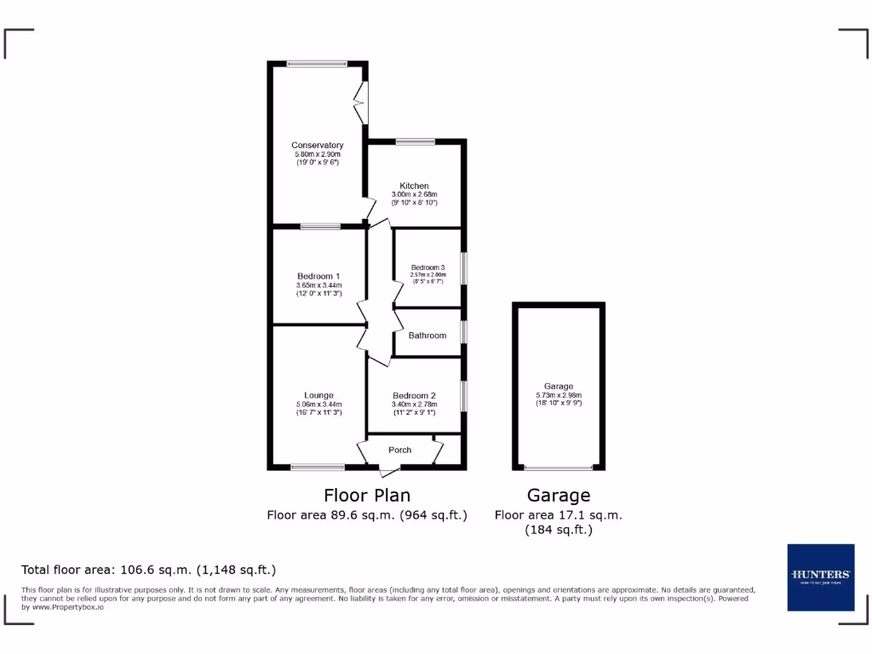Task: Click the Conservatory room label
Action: [317, 145]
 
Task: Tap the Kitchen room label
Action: [414, 186]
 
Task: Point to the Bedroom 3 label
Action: [427, 267]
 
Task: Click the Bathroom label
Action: [427, 336]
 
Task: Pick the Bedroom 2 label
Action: [414, 395]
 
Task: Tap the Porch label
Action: [399, 450]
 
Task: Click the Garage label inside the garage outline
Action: [559, 387]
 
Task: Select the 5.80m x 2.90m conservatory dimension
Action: [317, 154]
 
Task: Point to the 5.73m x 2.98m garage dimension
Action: [559, 395]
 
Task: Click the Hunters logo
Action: [820, 577]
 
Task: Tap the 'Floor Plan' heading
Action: [367, 495]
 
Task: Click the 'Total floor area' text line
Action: [148, 570]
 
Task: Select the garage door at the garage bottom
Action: [559, 468]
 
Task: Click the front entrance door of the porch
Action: [388, 469]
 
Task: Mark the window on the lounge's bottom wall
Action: [317, 467]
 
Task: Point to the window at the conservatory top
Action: [317, 63]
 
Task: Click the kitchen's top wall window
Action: [415, 141]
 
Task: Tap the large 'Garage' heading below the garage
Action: [559, 495]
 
